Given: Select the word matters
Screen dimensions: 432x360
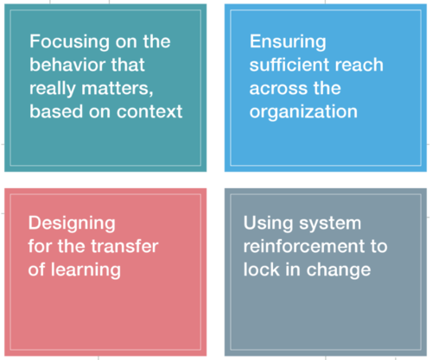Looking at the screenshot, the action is tap(118, 88).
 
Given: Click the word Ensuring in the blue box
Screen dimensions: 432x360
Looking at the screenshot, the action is tap(288, 42).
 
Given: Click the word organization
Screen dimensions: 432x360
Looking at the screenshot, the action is tap(303, 111).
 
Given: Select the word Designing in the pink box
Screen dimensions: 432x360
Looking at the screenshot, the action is tap(72, 224).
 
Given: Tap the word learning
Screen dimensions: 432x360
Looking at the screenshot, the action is tap(86, 270).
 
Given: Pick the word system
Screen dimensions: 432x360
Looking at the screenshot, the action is tap(330, 224).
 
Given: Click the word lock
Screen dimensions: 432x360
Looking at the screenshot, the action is tap(262, 269).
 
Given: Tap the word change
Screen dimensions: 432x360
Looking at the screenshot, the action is tap(339, 270).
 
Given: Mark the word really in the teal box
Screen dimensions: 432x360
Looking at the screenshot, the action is tap(53, 88).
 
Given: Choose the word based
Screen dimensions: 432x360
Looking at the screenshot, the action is tap(56, 111).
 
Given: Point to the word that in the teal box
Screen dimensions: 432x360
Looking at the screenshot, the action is tap(128, 64).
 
